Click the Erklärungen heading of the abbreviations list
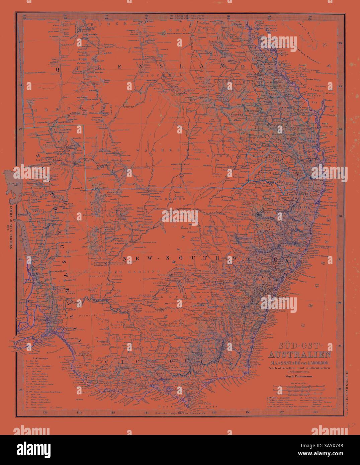click(x=34, y=357)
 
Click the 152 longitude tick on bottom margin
click(x=281, y=412)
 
